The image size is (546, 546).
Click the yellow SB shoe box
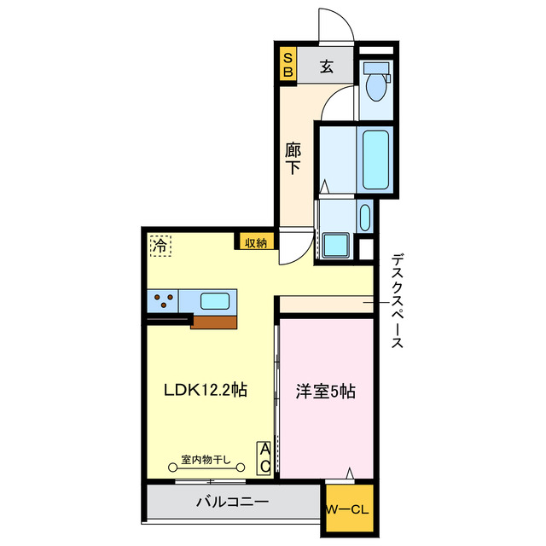tap(288, 65)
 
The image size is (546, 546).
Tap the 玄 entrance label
tap(326, 67)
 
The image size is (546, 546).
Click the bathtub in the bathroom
tap(375, 162)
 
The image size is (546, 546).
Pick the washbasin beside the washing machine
tap(365, 217)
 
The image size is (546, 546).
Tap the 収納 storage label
tap(255, 242)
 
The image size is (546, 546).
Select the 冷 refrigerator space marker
tap(160, 245)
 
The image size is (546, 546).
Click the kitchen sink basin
tap(214, 301)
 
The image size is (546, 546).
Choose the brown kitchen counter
tap(213, 322)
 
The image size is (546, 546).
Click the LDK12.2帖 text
tap(206, 391)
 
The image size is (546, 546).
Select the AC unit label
tap(265, 457)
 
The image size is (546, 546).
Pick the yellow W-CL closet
tap(346, 510)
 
